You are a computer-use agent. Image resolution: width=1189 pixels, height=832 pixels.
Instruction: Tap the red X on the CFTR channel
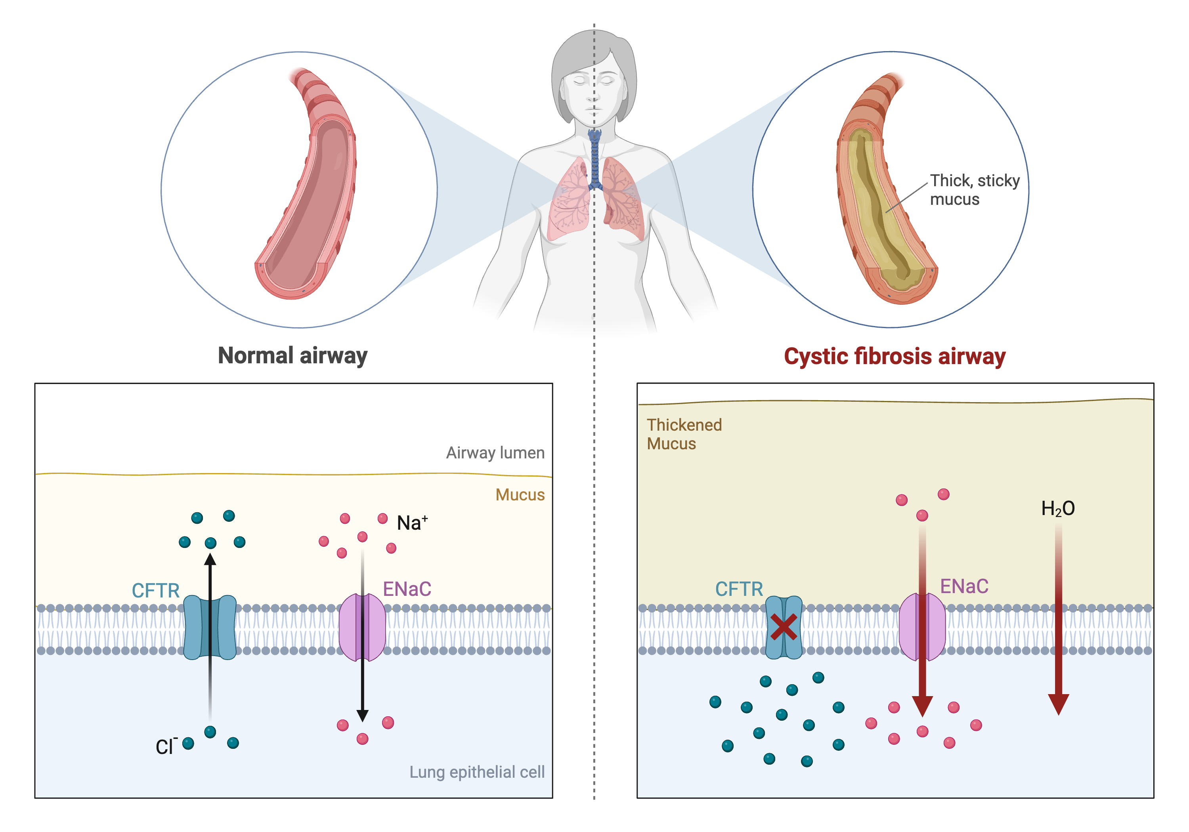[783, 627]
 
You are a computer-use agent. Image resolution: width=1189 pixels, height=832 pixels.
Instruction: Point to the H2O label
[1057, 508]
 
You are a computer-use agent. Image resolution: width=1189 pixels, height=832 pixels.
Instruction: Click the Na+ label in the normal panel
[412, 523]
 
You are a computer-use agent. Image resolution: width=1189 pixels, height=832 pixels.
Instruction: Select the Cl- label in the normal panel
[166, 746]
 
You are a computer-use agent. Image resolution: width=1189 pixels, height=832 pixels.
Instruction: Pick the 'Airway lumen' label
[495, 453]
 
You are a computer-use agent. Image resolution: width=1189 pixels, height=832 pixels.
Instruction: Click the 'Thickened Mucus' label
[684, 434]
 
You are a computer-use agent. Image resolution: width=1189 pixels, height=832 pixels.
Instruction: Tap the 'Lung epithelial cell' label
[476, 772]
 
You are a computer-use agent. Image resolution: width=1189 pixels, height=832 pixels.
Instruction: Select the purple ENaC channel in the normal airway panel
[350, 627]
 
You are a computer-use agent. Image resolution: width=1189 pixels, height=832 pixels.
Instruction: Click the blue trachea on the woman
[594, 160]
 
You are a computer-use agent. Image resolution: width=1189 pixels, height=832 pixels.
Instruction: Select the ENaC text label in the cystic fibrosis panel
[964, 587]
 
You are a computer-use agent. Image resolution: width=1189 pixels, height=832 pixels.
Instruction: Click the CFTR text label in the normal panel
[155, 590]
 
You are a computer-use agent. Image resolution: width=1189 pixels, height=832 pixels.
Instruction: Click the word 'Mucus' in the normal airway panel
[520, 495]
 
